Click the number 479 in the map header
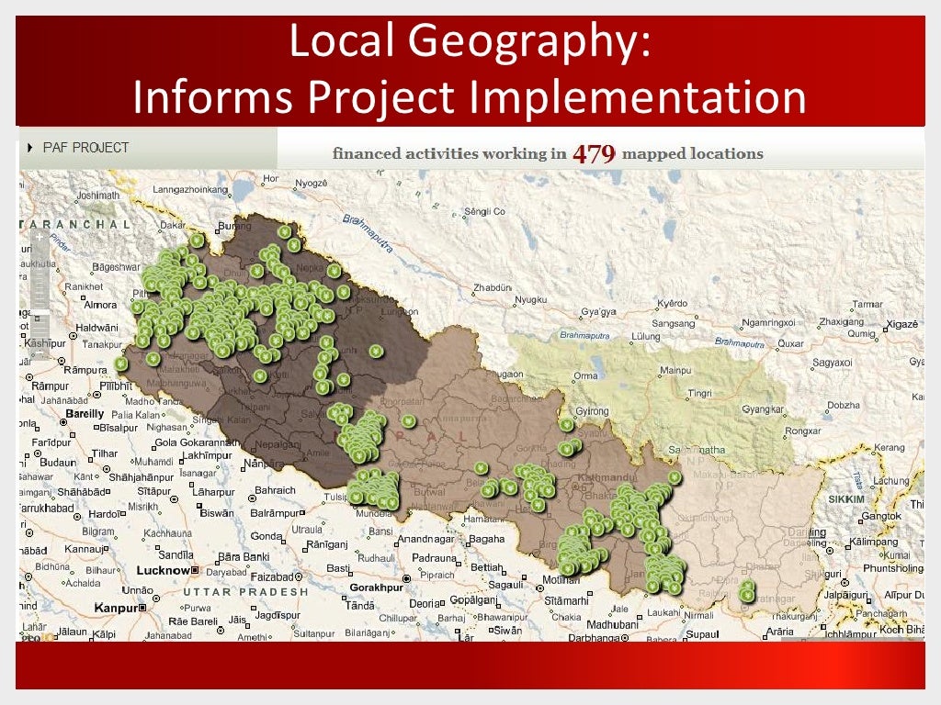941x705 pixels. [594, 153]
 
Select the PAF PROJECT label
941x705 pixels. [86, 147]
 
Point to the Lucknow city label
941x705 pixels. [162, 570]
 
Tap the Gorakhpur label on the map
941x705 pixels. [377, 587]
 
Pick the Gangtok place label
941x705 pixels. [881, 516]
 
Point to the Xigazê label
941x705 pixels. [901, 325]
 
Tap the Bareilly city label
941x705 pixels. [85, 414]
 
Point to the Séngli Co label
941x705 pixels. [485, 212]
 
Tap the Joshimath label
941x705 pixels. [98, 196]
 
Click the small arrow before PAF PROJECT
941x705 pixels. [29, 147]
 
